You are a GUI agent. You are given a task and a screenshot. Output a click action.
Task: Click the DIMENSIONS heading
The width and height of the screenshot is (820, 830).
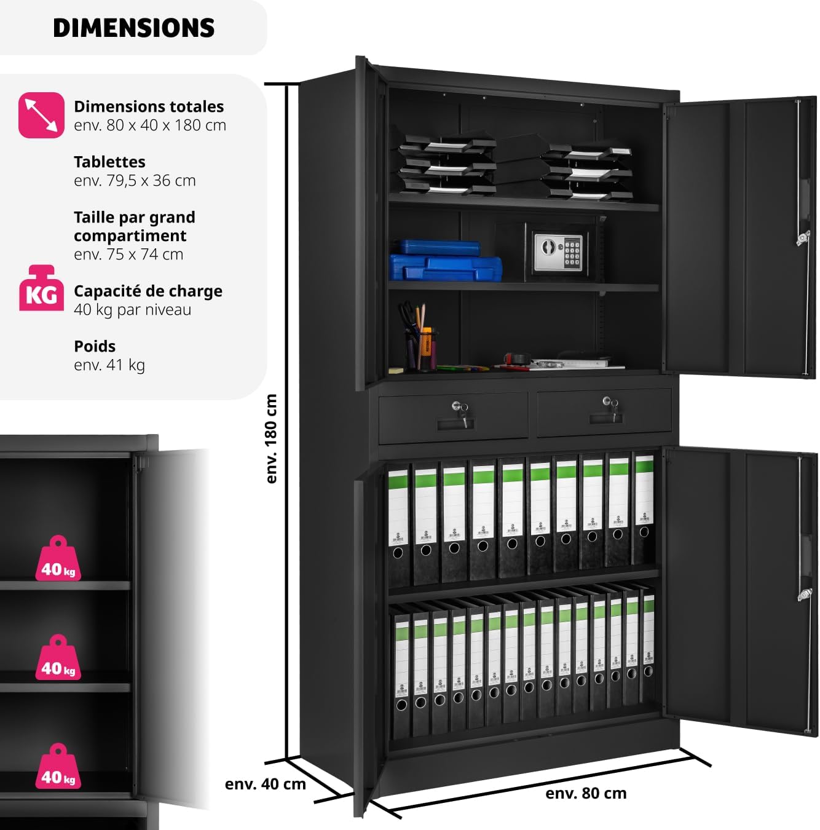(133, 28)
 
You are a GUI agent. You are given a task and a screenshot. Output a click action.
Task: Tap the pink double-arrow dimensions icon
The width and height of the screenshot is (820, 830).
(41, 115)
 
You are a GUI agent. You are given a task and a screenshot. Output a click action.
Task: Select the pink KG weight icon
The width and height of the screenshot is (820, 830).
(41, 288)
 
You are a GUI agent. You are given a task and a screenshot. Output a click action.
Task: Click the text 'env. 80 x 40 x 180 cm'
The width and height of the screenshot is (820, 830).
(150, 125)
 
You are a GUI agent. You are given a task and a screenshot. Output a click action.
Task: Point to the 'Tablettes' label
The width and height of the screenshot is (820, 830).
(109, 162)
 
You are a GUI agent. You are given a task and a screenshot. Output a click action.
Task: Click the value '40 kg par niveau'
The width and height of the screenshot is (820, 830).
(132, 310)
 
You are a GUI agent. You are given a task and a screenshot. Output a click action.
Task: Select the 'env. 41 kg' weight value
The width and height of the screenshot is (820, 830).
(109, 365)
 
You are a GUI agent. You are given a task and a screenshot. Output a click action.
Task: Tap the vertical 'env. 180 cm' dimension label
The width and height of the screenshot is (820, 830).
(271, 438)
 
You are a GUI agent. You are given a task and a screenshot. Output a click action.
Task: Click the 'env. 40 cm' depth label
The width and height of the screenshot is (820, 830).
(265, 784)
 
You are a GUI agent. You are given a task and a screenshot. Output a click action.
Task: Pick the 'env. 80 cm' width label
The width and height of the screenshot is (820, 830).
(586, 793)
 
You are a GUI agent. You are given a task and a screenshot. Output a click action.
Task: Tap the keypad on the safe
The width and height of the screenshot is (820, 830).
(572, 253)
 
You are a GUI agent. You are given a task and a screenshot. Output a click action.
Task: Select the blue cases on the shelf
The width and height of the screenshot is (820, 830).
(446, 261)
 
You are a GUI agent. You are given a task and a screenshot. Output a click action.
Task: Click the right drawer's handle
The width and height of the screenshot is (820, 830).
(605, 418)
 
